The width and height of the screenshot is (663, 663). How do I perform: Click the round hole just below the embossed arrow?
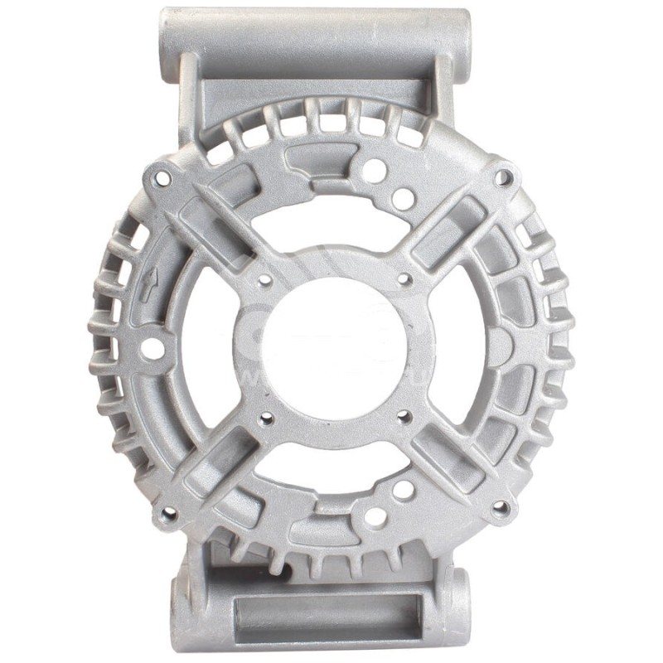[152, 349]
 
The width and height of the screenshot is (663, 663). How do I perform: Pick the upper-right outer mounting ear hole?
[502, 177]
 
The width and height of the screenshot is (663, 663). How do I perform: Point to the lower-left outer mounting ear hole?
[169, 515]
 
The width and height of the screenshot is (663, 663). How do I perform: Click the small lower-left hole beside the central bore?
[265, 419]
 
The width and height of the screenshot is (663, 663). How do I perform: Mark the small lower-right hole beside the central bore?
[404, 417]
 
